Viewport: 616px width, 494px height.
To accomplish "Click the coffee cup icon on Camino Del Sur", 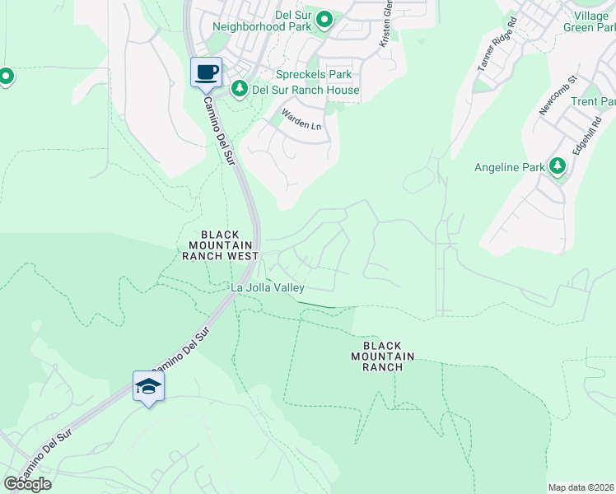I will click(x=206, y=72).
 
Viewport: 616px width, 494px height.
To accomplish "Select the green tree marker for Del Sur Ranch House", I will click(x=240, y=88).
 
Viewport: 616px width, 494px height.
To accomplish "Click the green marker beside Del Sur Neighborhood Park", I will click(x=324, y=20).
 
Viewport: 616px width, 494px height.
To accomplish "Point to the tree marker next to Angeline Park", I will click(x=558, y=167).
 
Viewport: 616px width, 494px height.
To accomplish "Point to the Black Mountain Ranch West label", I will click(x=220, y=245).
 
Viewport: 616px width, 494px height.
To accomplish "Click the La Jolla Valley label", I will click(x=268, y=287).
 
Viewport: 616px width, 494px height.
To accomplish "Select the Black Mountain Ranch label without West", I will click(x=382, y=357).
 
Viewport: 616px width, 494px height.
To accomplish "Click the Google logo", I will click(x=27, y=484).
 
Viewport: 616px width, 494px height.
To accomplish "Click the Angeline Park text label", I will click(x=510, y=167).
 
